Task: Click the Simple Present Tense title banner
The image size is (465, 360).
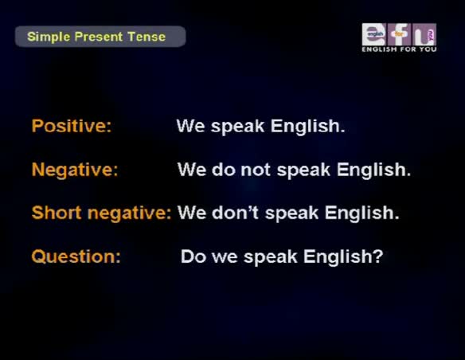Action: [x=100, y=37]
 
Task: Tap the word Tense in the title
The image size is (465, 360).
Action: [x=147, y=37]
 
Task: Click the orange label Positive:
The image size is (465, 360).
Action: [x=72, y=126]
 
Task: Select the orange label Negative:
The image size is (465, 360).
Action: [x=75, y=170]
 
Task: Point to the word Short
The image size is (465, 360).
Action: [x=57, y=213]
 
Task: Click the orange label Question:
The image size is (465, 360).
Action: [x=76, y=256]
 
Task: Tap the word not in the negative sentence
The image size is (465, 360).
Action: [x=256, y=170]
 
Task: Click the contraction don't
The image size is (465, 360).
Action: [x=235, y=213]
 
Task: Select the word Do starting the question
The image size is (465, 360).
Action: [x=193, y=256]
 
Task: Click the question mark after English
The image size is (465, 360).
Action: [x=377, y=256]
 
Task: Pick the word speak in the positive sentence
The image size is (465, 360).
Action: [x=237, y=127]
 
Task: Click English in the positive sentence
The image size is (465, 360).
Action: [x=308, y=126]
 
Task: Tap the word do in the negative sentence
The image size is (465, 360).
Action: [x=224, y=170]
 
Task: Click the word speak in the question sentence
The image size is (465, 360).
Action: [x=270, y=256]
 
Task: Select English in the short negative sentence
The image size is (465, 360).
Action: [x=361, y=213]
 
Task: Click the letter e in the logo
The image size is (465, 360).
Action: [x=374, y=34]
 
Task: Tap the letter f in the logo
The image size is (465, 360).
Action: [x=399, y=34]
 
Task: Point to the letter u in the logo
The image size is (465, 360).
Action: [x=424, y=34]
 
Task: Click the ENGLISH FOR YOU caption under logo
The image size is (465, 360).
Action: [x=399, y=49]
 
